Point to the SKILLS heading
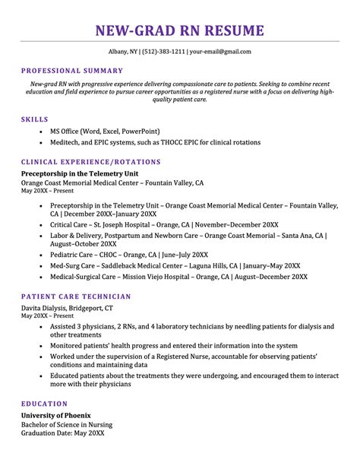[35, 119]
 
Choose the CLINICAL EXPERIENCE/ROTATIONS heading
[91, 162]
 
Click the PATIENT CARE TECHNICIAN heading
[76, 296]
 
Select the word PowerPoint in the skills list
[143, 131]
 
